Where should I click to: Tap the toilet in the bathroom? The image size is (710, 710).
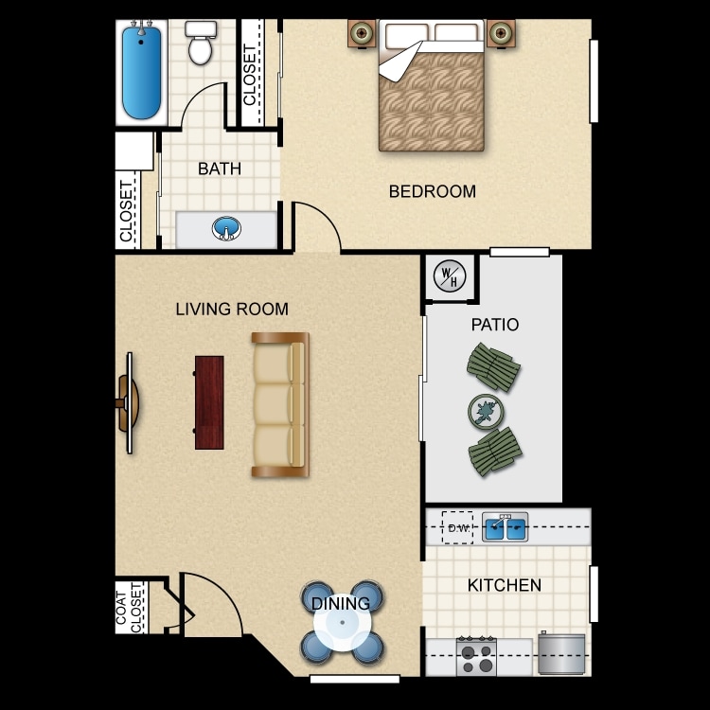coord(200,44)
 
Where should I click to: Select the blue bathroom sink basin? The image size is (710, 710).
coord(226,228)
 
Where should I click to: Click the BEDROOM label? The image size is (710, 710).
coord(432,191)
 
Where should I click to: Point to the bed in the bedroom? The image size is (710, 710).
coord(432,89)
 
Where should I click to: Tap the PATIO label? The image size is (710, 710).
coord(495,325)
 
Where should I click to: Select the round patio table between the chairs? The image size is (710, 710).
coord(486,411)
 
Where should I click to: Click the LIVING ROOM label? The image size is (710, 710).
coord(232,309)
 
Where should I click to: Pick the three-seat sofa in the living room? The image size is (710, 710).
coord(280,404)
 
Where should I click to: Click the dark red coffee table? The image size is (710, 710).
coord(209,402)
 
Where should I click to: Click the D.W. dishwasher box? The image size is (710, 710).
coord(458,527)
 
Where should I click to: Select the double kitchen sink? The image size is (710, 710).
coord(505,526)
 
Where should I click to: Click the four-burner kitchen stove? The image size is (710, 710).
coord(476,655)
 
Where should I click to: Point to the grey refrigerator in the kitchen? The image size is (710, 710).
coord(561,654)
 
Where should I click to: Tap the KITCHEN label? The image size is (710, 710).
coord(505,585)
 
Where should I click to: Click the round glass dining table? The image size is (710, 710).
coord(342,623)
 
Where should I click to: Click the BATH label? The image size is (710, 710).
coord(220,169)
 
